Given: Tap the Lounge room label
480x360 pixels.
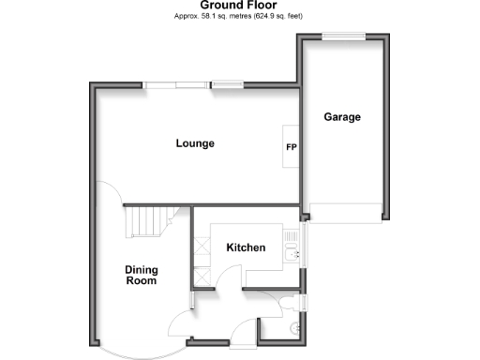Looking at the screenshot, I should point(195,143).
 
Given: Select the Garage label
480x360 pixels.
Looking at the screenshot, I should point(342,117).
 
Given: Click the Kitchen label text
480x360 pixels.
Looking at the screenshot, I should point(246,247).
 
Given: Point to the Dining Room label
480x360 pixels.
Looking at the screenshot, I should point(142,275).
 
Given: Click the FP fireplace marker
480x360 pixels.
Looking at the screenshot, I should point(291,147).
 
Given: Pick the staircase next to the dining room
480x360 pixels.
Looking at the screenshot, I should point(144,223).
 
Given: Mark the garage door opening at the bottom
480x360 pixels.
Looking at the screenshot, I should point(345,212).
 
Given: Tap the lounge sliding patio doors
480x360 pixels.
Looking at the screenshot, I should point(175,86).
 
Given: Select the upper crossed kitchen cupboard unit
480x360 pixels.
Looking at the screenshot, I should point(201,247).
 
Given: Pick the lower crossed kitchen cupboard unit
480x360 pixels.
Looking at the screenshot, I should point(201,277).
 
